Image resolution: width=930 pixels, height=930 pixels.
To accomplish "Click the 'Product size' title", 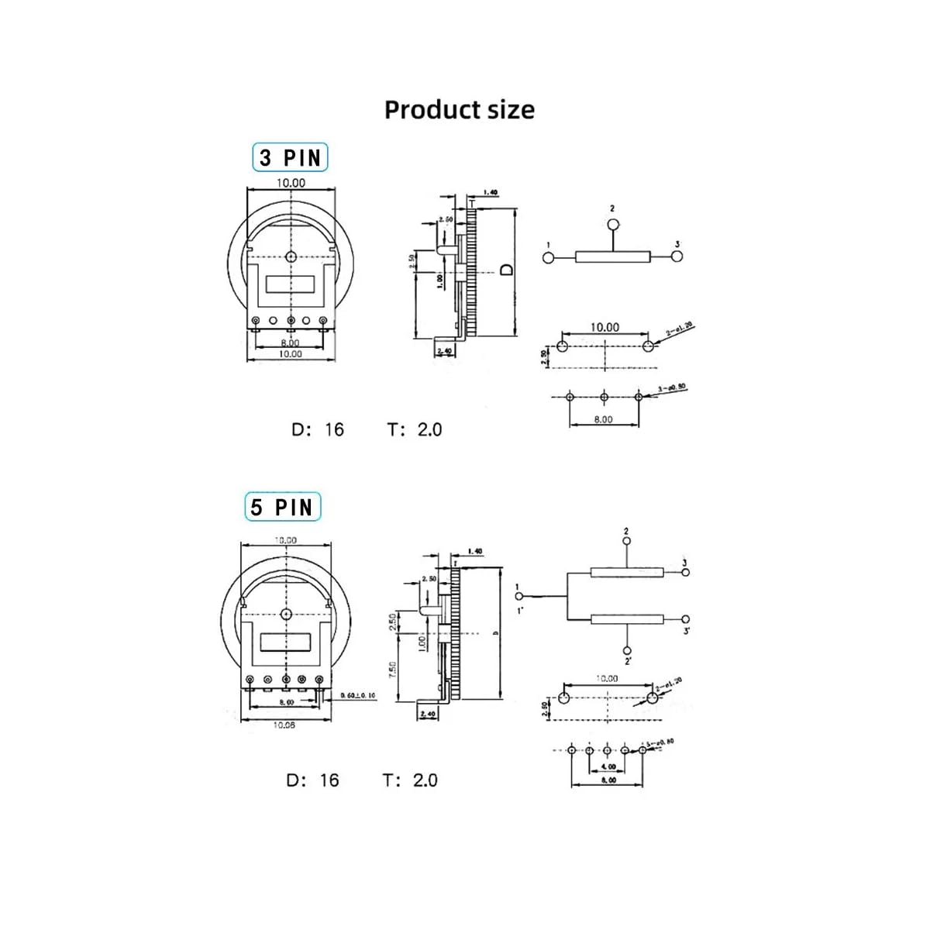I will (459, 109).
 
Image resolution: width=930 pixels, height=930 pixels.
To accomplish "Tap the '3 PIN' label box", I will (290, 157).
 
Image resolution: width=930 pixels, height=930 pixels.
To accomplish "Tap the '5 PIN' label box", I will (282, 508).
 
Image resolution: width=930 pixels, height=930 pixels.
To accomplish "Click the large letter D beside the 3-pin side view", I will (505, 269).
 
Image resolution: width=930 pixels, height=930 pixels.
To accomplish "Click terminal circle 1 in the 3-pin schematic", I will (549, 257).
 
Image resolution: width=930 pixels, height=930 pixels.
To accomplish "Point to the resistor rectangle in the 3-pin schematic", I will (612, 257).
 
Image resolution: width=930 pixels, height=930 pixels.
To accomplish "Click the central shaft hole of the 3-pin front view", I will (291, 257).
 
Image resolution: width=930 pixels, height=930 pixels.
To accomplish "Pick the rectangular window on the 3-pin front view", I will (291, 284).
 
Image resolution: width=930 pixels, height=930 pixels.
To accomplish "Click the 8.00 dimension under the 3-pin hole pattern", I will (603, 419).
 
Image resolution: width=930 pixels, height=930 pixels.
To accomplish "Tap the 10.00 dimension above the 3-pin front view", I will (291, 183).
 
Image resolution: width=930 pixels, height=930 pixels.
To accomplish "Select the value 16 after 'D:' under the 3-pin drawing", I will (334, 429).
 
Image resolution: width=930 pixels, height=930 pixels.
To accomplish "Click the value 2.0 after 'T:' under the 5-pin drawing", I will (425, 780).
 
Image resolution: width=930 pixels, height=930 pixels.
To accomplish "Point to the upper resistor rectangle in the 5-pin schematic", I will (626, 573).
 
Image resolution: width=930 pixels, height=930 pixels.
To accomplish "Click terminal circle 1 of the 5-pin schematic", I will (519, 596).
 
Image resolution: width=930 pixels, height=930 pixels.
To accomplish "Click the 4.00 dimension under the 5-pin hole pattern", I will (608, 766).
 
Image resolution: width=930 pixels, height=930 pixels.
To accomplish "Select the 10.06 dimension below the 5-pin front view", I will (284, 725).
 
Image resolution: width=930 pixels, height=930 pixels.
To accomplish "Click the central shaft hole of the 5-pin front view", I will (286, 614).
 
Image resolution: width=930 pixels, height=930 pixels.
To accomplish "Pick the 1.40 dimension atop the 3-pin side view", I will (490, 192).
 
